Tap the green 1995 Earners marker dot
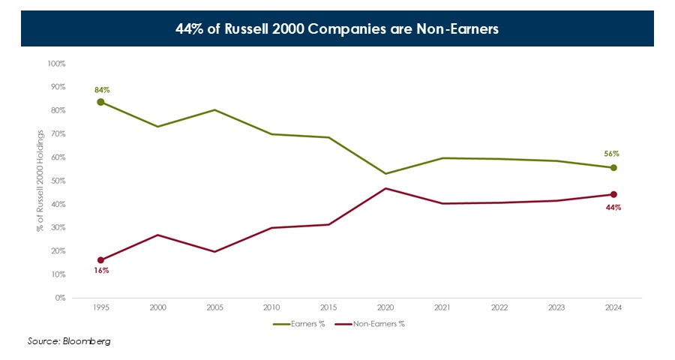100,102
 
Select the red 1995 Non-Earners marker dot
100,260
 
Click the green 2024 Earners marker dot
613,167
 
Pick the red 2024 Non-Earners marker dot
613,194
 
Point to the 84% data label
102,90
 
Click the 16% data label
102,270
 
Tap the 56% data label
612,154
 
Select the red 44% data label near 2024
613,207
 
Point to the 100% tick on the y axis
57,64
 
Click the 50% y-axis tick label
58,181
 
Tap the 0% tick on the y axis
61,298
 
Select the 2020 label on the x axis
385,307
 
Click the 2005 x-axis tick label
214,307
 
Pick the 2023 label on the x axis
556,307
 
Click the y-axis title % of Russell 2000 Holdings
40,181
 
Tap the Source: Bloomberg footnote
70,341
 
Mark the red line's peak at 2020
385,188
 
